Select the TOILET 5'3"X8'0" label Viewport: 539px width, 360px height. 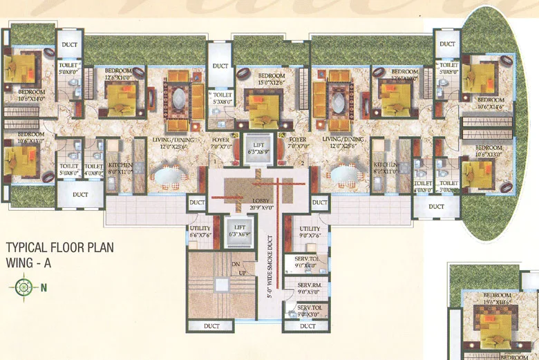pyautogui.click(x=223, y=98)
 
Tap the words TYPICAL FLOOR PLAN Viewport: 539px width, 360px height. pyautogui.click(x=59, y=247)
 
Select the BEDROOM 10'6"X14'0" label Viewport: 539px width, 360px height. pyautogui.click(x=31, y=95)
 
